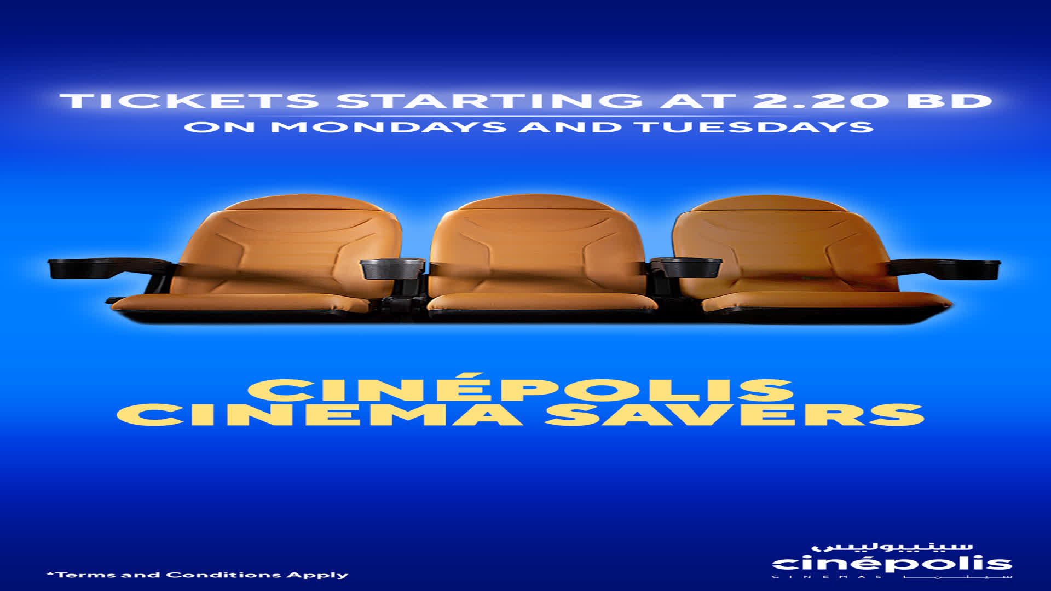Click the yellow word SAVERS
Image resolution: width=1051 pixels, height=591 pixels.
734,415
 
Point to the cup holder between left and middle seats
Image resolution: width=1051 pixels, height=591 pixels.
392,269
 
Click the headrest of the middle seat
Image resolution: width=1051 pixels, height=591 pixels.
536,203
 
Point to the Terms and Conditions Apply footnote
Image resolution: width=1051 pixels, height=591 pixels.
197,575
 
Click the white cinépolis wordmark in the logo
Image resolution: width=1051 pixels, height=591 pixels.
892,564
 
